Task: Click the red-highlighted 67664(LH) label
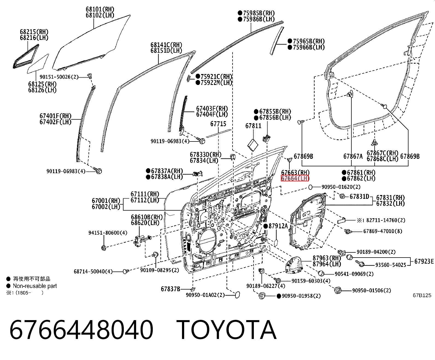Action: pos(295,178)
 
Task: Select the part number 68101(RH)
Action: pos(100,9)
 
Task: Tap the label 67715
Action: pos(218,124)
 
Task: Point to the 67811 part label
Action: pos(253,126)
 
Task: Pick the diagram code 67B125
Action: pos(422,295)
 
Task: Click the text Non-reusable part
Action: pos(35,286)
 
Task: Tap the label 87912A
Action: pos(278,226)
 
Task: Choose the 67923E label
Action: pos(424,261)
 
